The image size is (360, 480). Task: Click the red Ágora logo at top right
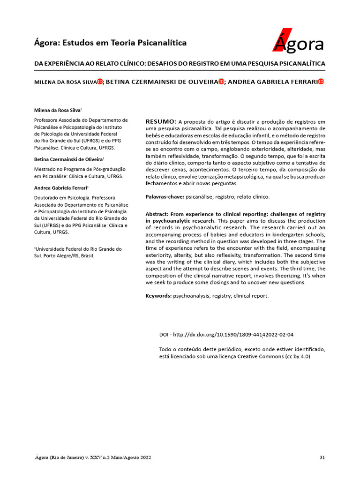pyautogui.click(x=298, y=42)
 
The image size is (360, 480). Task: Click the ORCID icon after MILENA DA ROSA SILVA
pyautogui.click(x=100, y=82)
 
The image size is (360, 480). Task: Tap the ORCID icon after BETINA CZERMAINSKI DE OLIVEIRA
pyautogui.click(x=221, y=82)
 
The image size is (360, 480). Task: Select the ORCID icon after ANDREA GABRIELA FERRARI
pyautogui.click(x=321, y=82)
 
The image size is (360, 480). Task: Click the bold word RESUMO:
pyautogui.click(x=161, y=121)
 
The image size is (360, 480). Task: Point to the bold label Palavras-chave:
pyautogui.click(x=165, y=197)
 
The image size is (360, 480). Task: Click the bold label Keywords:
pyautogui.click(x=158, y=296)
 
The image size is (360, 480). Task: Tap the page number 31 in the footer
pyautogui.click(x=322, y=457)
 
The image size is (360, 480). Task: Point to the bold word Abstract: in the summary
pyautogui.click(x=158, y=214)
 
